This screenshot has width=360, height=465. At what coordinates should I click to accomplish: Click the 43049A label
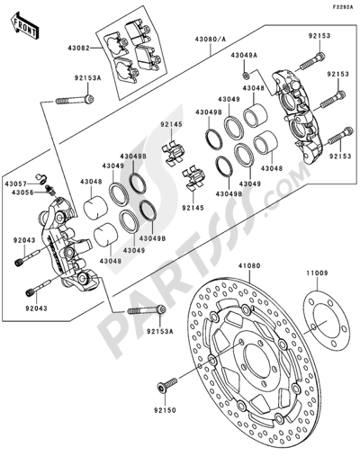coord(242,56)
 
